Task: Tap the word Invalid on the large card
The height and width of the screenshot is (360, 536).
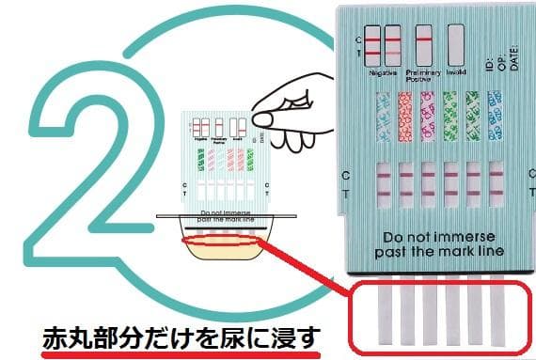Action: tap(457, 71)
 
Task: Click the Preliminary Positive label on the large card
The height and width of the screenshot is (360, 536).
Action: tap(422, 74)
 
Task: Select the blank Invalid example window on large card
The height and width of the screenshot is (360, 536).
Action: tap(456, 44)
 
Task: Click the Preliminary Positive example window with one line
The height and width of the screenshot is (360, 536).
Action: tap(423, 44)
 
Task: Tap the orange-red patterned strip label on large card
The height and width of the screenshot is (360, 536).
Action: tap(405, 117)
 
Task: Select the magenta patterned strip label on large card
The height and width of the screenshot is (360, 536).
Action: tap(428, 117)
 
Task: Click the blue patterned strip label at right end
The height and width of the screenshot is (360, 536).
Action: tap(495, 117)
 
